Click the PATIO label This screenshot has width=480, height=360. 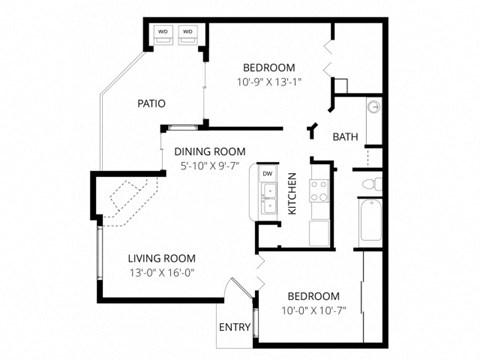pyautogui.click(x=151, y=103)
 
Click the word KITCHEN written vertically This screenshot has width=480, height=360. pyautogui.click(x=292, y=194)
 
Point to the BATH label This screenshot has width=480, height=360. pyautogui.click(x=345, y=137)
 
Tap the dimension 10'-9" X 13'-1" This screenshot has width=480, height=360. pyautogui.click(x=268, y=81)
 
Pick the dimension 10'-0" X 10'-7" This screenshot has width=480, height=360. pyautogui.click(x=313, y=312)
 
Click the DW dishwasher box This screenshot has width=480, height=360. pyautogui.click(x=267, y=174)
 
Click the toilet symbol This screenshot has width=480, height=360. pyautogui.click(x=369, y=185)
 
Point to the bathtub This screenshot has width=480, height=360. pyautogui.click(x=369, y=225)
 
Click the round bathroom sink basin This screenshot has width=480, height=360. pyautogui.click(x=373, y=106)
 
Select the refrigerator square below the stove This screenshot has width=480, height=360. pyautogui.click(x=321, y=231)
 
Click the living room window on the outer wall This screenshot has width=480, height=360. pyautogui.click(x=98, y=257)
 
